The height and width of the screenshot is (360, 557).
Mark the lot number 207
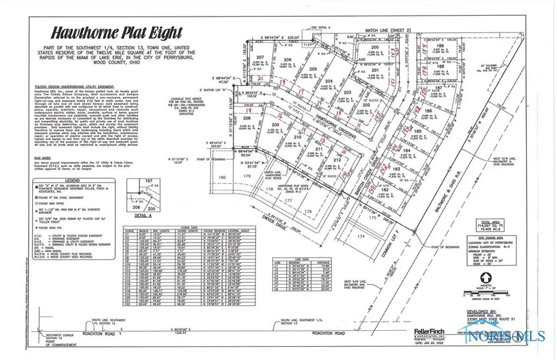coord(261,57)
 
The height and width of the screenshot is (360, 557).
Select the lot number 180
coord(222,177)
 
